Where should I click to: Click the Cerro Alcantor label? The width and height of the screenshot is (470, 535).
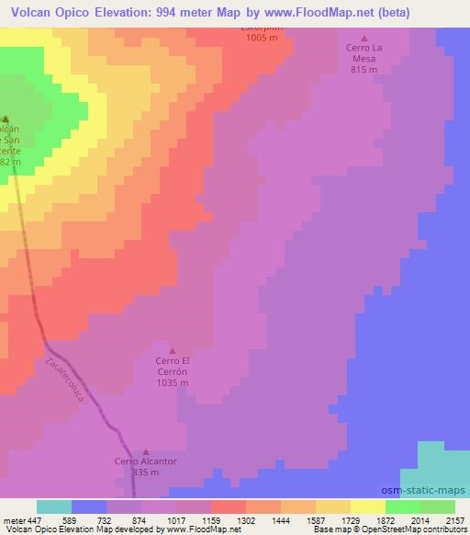(145, 461)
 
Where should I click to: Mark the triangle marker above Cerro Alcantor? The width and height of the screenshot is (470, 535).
(146, 451)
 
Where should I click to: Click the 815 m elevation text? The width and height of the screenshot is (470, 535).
(364, 69)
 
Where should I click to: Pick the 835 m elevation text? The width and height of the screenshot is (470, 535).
(146, 472)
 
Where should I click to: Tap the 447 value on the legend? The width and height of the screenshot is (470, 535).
(35, 519)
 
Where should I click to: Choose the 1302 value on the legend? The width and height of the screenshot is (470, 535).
(245, 519)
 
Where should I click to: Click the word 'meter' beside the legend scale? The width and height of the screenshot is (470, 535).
(13, 519)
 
